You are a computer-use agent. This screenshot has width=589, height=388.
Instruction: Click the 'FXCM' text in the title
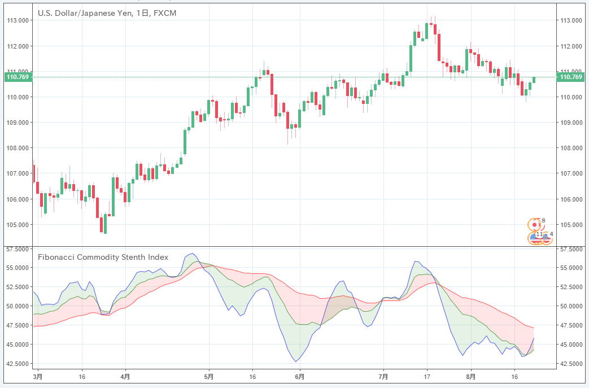point(164,12)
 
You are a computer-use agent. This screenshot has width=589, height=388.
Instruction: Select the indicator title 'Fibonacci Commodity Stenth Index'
point(103,257)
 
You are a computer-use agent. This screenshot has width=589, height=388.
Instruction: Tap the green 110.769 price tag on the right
point(569,77)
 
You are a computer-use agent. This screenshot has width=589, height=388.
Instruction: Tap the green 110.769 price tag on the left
point(17,77)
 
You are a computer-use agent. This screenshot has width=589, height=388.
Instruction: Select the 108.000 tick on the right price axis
point(570,148)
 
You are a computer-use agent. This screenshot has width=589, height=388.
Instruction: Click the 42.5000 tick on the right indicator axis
point(570,364)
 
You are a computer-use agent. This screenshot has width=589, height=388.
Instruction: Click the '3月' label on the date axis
point(37,376)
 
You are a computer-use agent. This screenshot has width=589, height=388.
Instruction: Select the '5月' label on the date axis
point(208,376)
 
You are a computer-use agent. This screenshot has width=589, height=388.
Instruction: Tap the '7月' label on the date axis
point(383,376)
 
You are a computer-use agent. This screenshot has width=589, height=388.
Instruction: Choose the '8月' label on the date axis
point(471,376)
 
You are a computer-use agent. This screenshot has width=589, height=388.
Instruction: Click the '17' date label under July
point(427,376)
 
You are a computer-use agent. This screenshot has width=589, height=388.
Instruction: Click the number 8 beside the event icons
point(544,220)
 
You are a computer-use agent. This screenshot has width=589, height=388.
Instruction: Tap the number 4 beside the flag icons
point(551,234)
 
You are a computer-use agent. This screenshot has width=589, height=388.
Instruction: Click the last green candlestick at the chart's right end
point(534,80)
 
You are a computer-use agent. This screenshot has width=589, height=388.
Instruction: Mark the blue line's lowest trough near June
point(295,361)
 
